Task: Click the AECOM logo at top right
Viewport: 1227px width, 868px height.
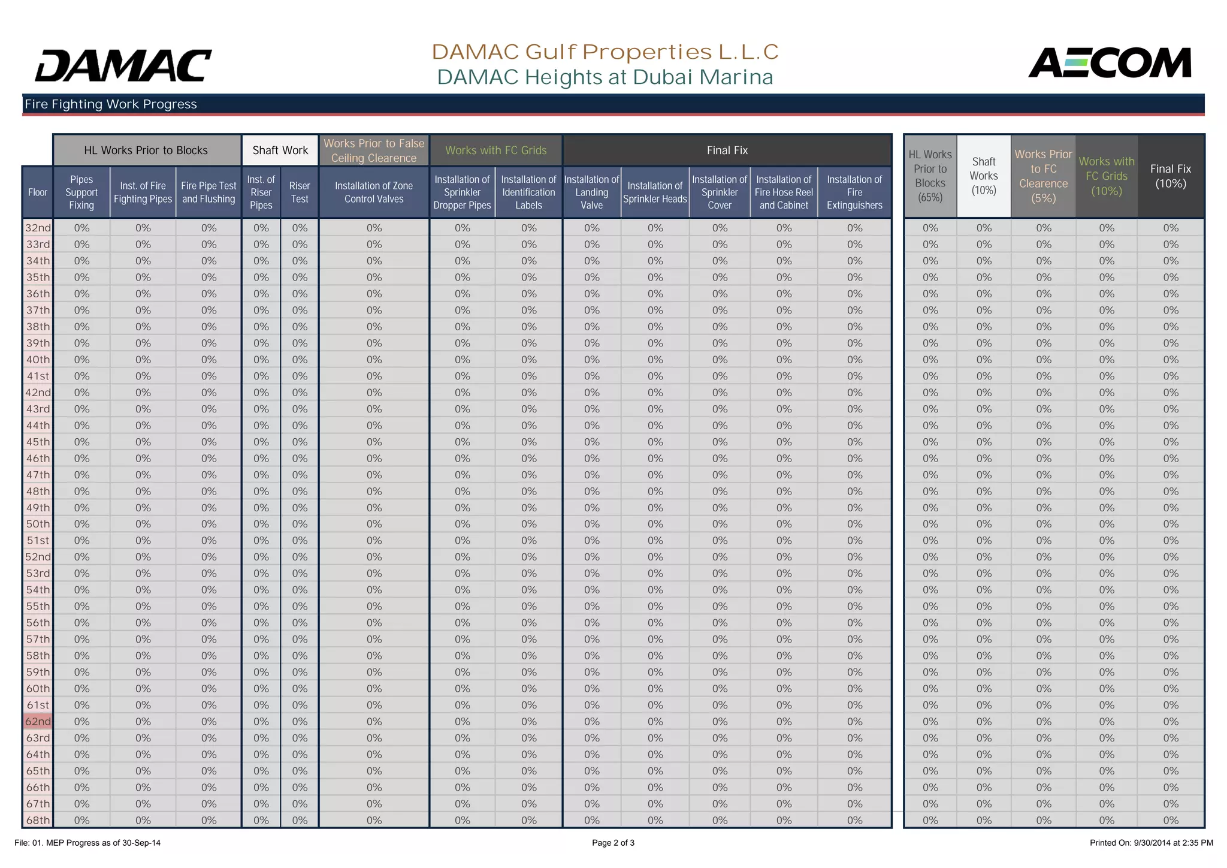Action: click(1110, 63)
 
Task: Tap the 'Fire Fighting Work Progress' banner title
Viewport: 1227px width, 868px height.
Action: click(111, 104)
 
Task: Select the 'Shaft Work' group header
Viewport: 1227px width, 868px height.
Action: click(280, 150)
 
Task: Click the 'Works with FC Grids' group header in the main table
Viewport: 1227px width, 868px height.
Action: click(495, 150)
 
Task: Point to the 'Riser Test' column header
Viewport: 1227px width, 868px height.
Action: click(300, 192)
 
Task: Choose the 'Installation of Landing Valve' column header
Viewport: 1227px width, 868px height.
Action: click(591, 192)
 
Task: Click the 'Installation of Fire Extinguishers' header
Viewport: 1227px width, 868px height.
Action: click(854, 192)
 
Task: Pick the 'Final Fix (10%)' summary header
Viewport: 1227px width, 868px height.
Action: click(1170, 176)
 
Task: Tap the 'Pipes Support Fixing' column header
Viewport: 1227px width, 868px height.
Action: click(81, 192)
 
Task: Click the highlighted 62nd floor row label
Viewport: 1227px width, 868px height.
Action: click(38, 722)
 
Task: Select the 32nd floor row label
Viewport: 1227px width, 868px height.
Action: click(38, 228)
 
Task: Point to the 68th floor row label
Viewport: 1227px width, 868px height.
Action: click(38, 820)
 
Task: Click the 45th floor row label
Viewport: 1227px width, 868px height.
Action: click(38, 442)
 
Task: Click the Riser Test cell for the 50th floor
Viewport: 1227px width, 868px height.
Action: click(300, 524)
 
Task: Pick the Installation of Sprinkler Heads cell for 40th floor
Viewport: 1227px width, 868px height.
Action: click(655, 360)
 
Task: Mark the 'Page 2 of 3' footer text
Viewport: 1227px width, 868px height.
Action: click(613, 843)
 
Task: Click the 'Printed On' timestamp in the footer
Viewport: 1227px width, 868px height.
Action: click(1151, 843)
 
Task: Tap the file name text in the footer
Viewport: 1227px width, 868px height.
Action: click(87, 843)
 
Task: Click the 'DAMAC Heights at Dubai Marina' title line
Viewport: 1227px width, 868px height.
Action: click(605, 77)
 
